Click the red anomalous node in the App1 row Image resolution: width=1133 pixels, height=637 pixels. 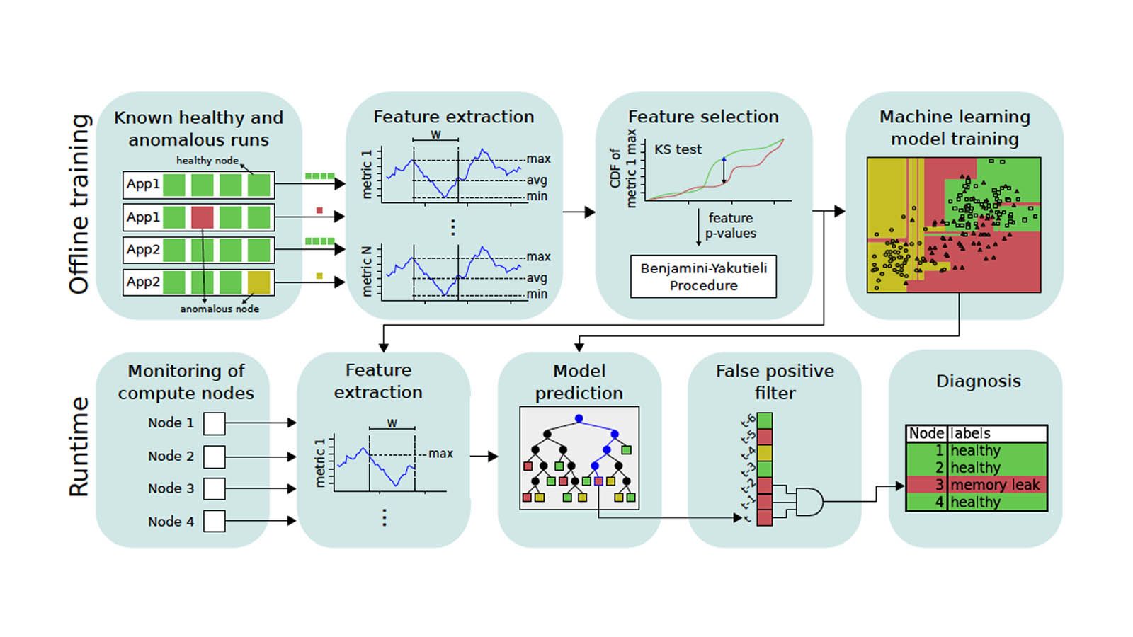point(202,217)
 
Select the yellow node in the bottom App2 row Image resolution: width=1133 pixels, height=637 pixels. point(258,282)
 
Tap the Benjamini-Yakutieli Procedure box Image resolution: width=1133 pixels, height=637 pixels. point(703,276)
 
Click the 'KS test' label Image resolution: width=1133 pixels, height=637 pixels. point(678,149)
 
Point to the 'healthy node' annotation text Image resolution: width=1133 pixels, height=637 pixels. point(207,161)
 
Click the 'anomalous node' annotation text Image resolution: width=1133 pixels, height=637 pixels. point(220,309)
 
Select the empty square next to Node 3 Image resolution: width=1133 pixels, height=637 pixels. point(214,488)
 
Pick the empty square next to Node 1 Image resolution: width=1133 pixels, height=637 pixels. point(214,423)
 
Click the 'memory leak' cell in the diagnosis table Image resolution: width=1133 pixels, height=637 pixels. point(994,485)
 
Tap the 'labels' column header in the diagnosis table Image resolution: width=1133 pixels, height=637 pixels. point(970,433)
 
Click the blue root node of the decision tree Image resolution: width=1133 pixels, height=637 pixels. point(579,419)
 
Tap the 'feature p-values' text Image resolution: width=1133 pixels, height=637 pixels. point(730,225)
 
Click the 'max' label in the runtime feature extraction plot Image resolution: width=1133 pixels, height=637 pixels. point(440,454)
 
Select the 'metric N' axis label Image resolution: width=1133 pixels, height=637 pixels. point(367,271)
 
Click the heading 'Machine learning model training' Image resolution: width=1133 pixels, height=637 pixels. point(954,127)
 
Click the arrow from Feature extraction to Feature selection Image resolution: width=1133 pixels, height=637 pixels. point(579,212)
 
